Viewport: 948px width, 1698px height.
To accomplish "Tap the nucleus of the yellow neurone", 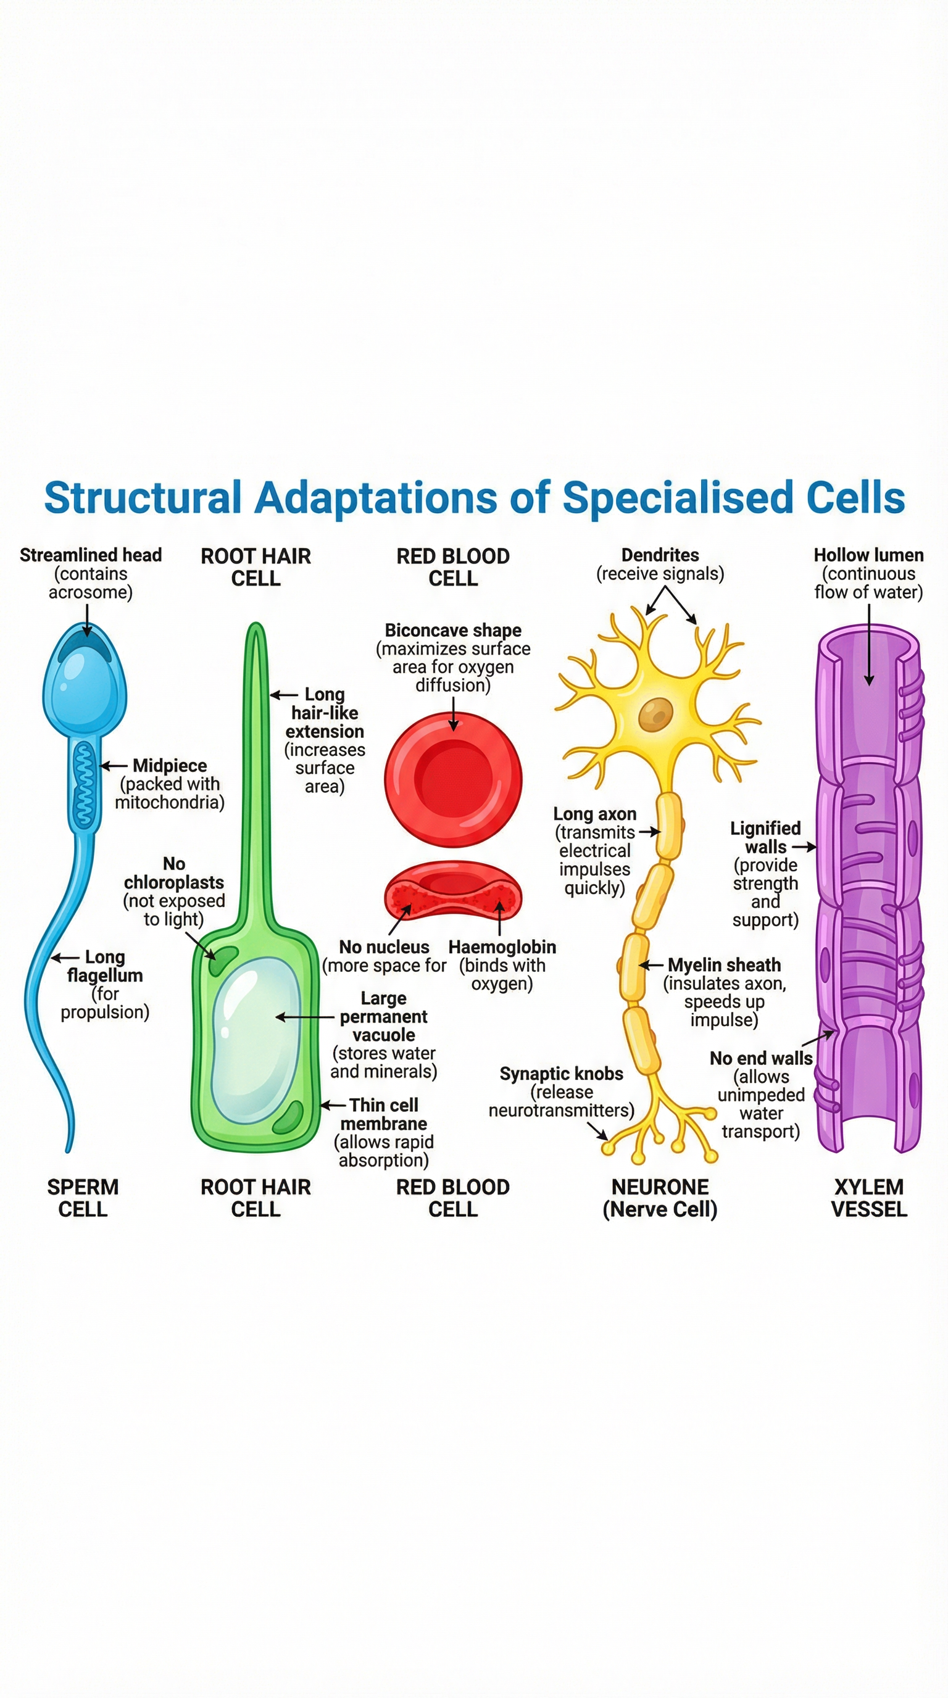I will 655,714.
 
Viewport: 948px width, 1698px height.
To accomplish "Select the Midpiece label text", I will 170,765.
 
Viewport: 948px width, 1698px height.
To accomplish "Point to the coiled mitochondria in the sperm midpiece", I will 84,784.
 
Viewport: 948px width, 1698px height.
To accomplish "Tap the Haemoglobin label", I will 502,947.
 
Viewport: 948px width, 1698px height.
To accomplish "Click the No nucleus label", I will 384,947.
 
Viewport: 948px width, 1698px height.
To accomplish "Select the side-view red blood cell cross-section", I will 453,890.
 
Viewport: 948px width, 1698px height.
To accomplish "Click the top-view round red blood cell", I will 454,779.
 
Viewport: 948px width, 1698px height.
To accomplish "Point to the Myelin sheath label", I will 724,965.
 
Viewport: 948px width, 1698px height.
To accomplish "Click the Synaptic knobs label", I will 561,1074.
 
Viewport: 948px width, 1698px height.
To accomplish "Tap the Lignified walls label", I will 765,838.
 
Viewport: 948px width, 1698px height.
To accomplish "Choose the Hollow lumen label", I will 868,555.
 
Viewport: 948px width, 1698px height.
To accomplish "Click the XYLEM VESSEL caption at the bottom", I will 868,1198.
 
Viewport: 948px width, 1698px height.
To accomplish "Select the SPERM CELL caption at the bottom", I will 83,1198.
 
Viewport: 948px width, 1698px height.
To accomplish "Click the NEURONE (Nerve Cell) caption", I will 660,1198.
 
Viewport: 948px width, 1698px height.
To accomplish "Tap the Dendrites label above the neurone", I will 660,555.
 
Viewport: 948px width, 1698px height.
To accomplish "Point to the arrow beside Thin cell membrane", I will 333,1106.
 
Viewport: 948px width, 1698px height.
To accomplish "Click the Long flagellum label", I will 105,966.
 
